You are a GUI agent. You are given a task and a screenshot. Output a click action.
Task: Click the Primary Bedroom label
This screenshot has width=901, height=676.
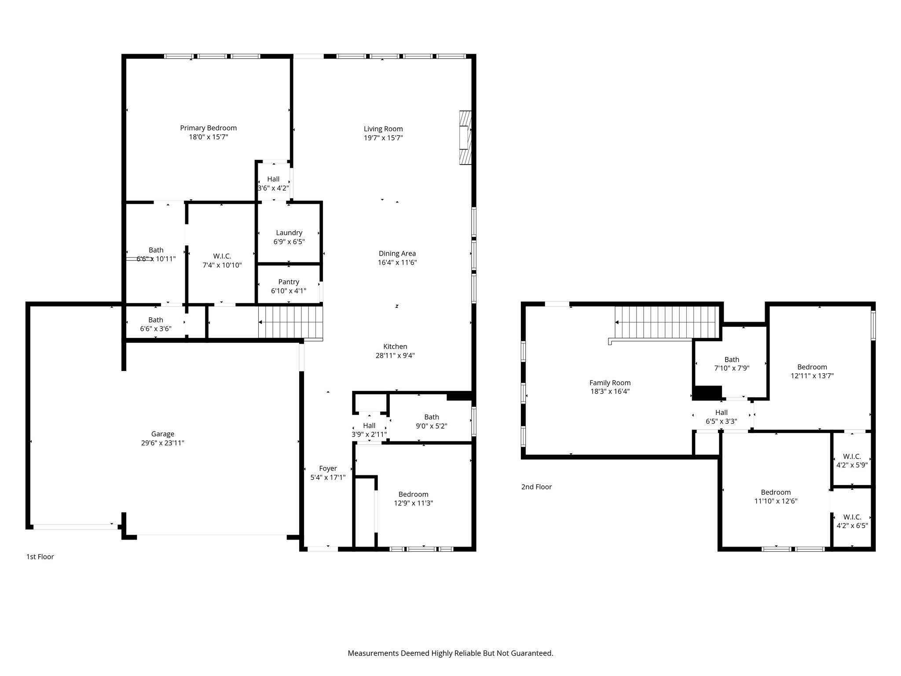point(208,128)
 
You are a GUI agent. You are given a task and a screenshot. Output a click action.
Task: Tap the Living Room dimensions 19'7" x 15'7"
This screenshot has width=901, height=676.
point(383,138)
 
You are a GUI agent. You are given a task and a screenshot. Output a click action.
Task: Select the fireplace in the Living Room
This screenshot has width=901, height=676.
point(465,138)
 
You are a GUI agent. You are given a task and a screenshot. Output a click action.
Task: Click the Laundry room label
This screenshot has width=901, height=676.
point(289,233)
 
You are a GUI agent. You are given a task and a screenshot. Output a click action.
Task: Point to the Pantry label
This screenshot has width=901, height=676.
point(289,282)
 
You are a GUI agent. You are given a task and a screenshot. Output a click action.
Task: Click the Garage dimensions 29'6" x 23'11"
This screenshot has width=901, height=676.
point(163,443)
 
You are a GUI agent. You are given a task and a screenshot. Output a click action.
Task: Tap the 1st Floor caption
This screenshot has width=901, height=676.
point(40,557)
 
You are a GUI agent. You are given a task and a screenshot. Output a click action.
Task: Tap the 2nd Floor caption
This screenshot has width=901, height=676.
point(536,487)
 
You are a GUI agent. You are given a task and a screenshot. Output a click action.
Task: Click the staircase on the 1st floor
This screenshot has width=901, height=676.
point(291,323)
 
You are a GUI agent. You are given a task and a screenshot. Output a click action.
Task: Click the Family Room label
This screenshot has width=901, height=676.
point(610,383)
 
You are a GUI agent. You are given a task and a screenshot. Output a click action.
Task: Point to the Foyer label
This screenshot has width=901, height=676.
point(328,469)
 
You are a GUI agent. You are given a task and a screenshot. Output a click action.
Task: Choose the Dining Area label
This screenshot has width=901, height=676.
point(397,253)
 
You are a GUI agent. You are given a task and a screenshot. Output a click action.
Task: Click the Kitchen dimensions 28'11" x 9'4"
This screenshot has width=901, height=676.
point(395,356)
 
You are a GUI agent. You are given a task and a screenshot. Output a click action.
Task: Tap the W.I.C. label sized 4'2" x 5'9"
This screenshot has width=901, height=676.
point(852,456)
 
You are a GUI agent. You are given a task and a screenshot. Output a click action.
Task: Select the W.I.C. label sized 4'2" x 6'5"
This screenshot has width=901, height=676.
point(852,517)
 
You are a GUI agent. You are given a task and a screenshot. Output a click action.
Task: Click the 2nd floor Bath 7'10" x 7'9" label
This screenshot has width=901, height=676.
point(732,360)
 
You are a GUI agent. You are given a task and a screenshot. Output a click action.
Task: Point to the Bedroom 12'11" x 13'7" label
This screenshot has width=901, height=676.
point(812,367)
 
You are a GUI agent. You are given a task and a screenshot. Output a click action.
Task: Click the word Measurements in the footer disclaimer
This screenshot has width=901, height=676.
point(373,654)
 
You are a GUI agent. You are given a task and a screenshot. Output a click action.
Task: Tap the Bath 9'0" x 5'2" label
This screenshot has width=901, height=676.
point(432,417)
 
